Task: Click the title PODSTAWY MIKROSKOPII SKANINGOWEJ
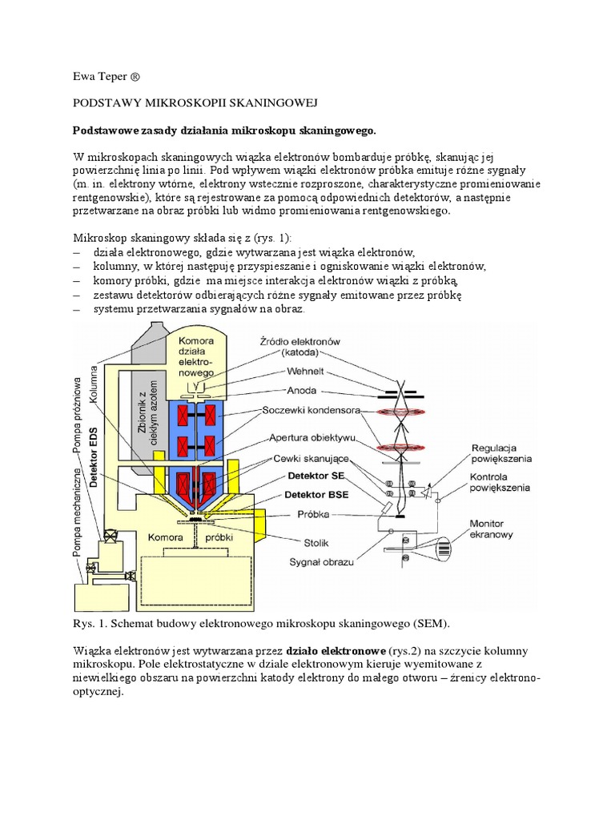point(196,103)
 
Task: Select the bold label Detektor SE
point(311,476)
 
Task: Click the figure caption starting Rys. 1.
point(262,623)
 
